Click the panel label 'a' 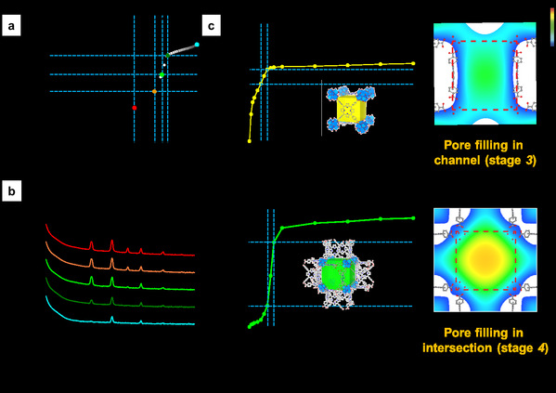[x=11, y=26]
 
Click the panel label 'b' [x=12, y=191]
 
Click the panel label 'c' [x=212, y=26]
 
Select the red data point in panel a [x=135, y=108]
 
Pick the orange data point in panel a [x=154, y=92]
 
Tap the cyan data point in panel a [x=197, y=45]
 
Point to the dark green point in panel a [x=168, y=56]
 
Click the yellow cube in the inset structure [x=351, y=110]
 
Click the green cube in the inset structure [x=338, y=274]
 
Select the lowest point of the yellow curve [x=250, y=141]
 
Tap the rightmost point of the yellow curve [x=413, y=63]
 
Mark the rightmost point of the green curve [x=413, y=218]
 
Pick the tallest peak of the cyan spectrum [x=112, y=317]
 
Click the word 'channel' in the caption [x=458, y=160]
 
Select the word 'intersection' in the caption [x=458, y=347]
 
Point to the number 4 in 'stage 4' [x=541, y=347]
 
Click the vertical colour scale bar [x=552, y=27]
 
